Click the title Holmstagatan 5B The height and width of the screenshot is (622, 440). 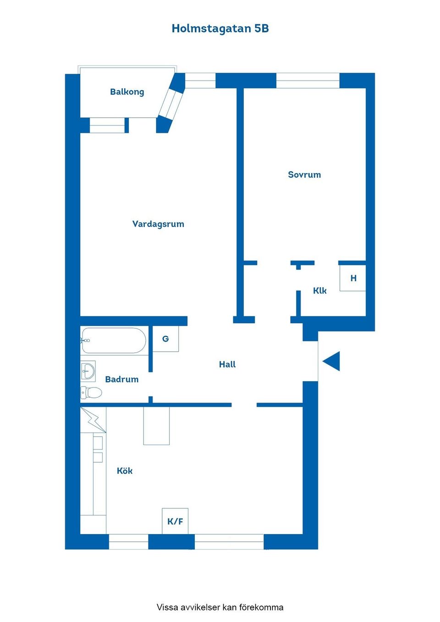coord(220,29)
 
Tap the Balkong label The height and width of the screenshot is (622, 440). coord(127,92)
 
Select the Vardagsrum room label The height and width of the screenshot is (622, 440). coord(158,224)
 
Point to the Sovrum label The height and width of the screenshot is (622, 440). coord(304,175)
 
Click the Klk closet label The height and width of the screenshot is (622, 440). coord(320,291)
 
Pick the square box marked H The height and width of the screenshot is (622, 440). coord(352,278)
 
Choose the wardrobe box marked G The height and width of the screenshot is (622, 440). coord(165,339)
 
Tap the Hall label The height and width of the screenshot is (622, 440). coord(227,364)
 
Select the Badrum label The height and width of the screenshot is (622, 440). coord(121,379)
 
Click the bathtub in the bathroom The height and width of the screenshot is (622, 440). coord(113,340)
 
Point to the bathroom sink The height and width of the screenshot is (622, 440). coord(88,371)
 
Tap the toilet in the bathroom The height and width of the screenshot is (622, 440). coord(91,393)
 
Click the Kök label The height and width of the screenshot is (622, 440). coord(125,471)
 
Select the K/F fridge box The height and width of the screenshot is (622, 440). coord(175,521)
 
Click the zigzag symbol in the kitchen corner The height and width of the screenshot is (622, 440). coord(93,420)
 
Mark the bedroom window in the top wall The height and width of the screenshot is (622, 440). coord(308,81)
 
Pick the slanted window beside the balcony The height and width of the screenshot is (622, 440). coord(171,104)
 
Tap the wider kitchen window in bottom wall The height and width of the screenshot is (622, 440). coord(229,541)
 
